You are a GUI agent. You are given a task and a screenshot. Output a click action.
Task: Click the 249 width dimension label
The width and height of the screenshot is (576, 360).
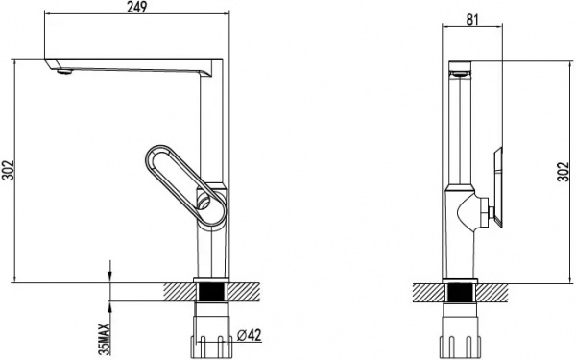(136, 7)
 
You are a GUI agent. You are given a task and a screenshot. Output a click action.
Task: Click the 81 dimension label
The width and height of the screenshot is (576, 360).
(472, 19)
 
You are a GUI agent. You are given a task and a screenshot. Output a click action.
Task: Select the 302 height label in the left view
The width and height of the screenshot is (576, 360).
(8, 171)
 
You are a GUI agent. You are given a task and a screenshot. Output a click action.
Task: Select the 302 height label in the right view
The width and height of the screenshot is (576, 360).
(563, 172)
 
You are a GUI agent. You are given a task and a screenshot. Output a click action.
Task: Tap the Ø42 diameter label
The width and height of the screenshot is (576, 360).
(249, 335)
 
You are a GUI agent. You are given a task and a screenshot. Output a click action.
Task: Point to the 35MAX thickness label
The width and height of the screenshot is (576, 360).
(105, 339)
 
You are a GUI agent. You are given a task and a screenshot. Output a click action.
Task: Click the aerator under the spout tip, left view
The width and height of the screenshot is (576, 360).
(64, 72)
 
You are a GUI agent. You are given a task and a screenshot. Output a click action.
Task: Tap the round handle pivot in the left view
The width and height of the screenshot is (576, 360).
(204, 202)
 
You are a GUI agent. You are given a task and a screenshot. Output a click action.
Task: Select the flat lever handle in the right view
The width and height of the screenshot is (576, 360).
(497, 187)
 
